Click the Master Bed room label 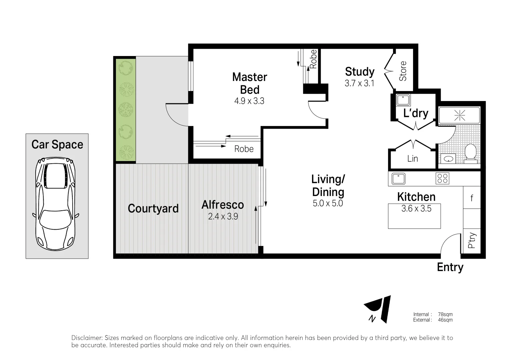coord(250,83)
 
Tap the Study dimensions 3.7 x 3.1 coord(359,83)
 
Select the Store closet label coord(403,71)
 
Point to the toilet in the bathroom coord(470,153)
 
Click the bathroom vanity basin coord(448,158)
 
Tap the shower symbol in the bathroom coord(459,115)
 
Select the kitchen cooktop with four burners coord(442,178)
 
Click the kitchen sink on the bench coord(398,178)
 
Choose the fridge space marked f coord(472,198)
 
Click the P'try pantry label coord(472,240)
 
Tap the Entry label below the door coord(450,267)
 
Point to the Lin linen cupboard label coord(412,159)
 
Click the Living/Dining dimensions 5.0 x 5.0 coord(328,203)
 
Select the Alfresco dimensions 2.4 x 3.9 coord(223,217)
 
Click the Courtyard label coord(153,209)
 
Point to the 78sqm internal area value coord(445,314)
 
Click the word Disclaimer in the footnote coord(86,338)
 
